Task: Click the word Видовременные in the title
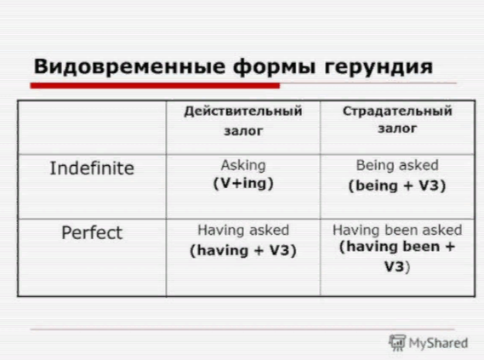129,66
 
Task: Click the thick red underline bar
155,85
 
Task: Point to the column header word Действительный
243,111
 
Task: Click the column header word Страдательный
397,111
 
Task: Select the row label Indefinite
92,169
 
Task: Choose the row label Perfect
92,232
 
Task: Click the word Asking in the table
243,166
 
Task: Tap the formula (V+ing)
243,183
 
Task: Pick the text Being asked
397,165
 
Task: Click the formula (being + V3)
397,186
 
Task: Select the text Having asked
243,231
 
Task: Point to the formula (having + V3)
243,250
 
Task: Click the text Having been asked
397,231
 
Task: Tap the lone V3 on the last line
394,266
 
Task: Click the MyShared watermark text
438,343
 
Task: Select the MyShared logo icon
397,342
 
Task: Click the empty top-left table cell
92,128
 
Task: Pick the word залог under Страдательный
397,129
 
